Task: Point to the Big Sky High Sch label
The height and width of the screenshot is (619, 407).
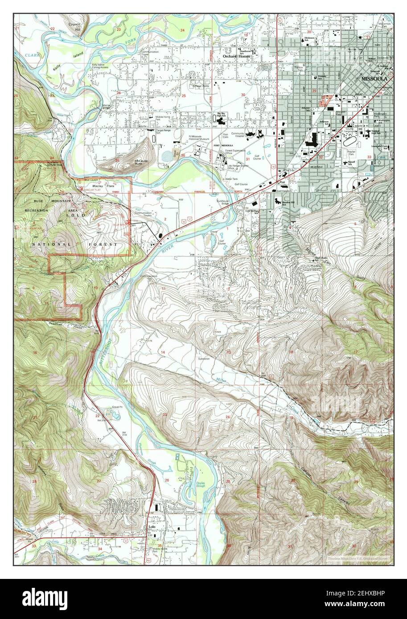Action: coord(222,114)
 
